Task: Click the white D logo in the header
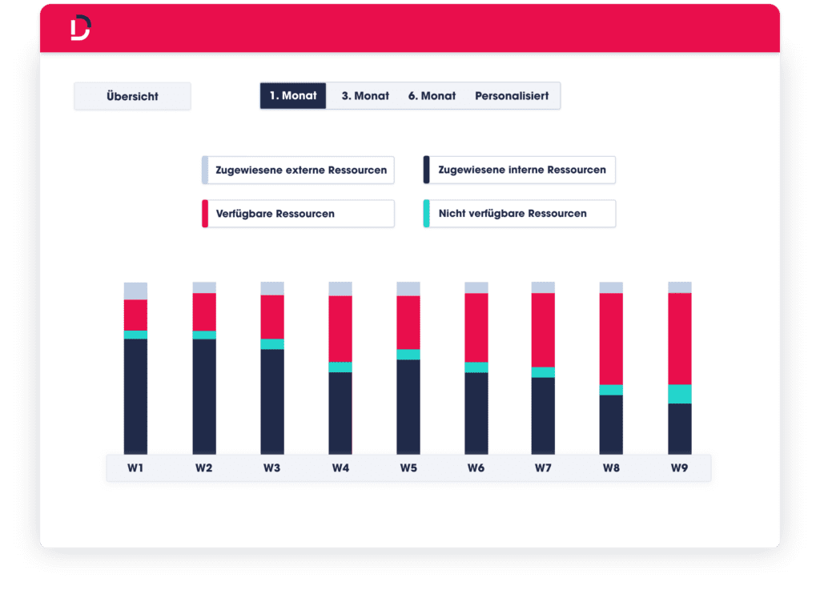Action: (x=80, y=28)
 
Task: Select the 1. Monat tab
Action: (x=293, y=96)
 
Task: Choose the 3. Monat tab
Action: (x=365, y=96)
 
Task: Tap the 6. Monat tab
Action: (x=432, y=96)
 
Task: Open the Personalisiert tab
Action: (x=512, y=96)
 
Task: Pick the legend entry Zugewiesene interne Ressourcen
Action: (x=521, y=170)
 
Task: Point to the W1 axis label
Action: (x=135, y=468)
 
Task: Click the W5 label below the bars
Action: (x=408, y=468)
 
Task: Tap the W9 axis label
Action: (x=680, y=468)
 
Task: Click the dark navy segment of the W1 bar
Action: (x=135, y=396)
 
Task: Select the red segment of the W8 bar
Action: (x=612, y=339)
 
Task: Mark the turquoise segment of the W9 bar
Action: (x=680, y=394)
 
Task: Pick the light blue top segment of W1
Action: (x=135, y=291)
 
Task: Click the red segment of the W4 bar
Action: (x=340, y=328)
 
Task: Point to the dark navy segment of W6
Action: (x=476, y=413)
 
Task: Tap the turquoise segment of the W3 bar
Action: (x=272, y=344)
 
